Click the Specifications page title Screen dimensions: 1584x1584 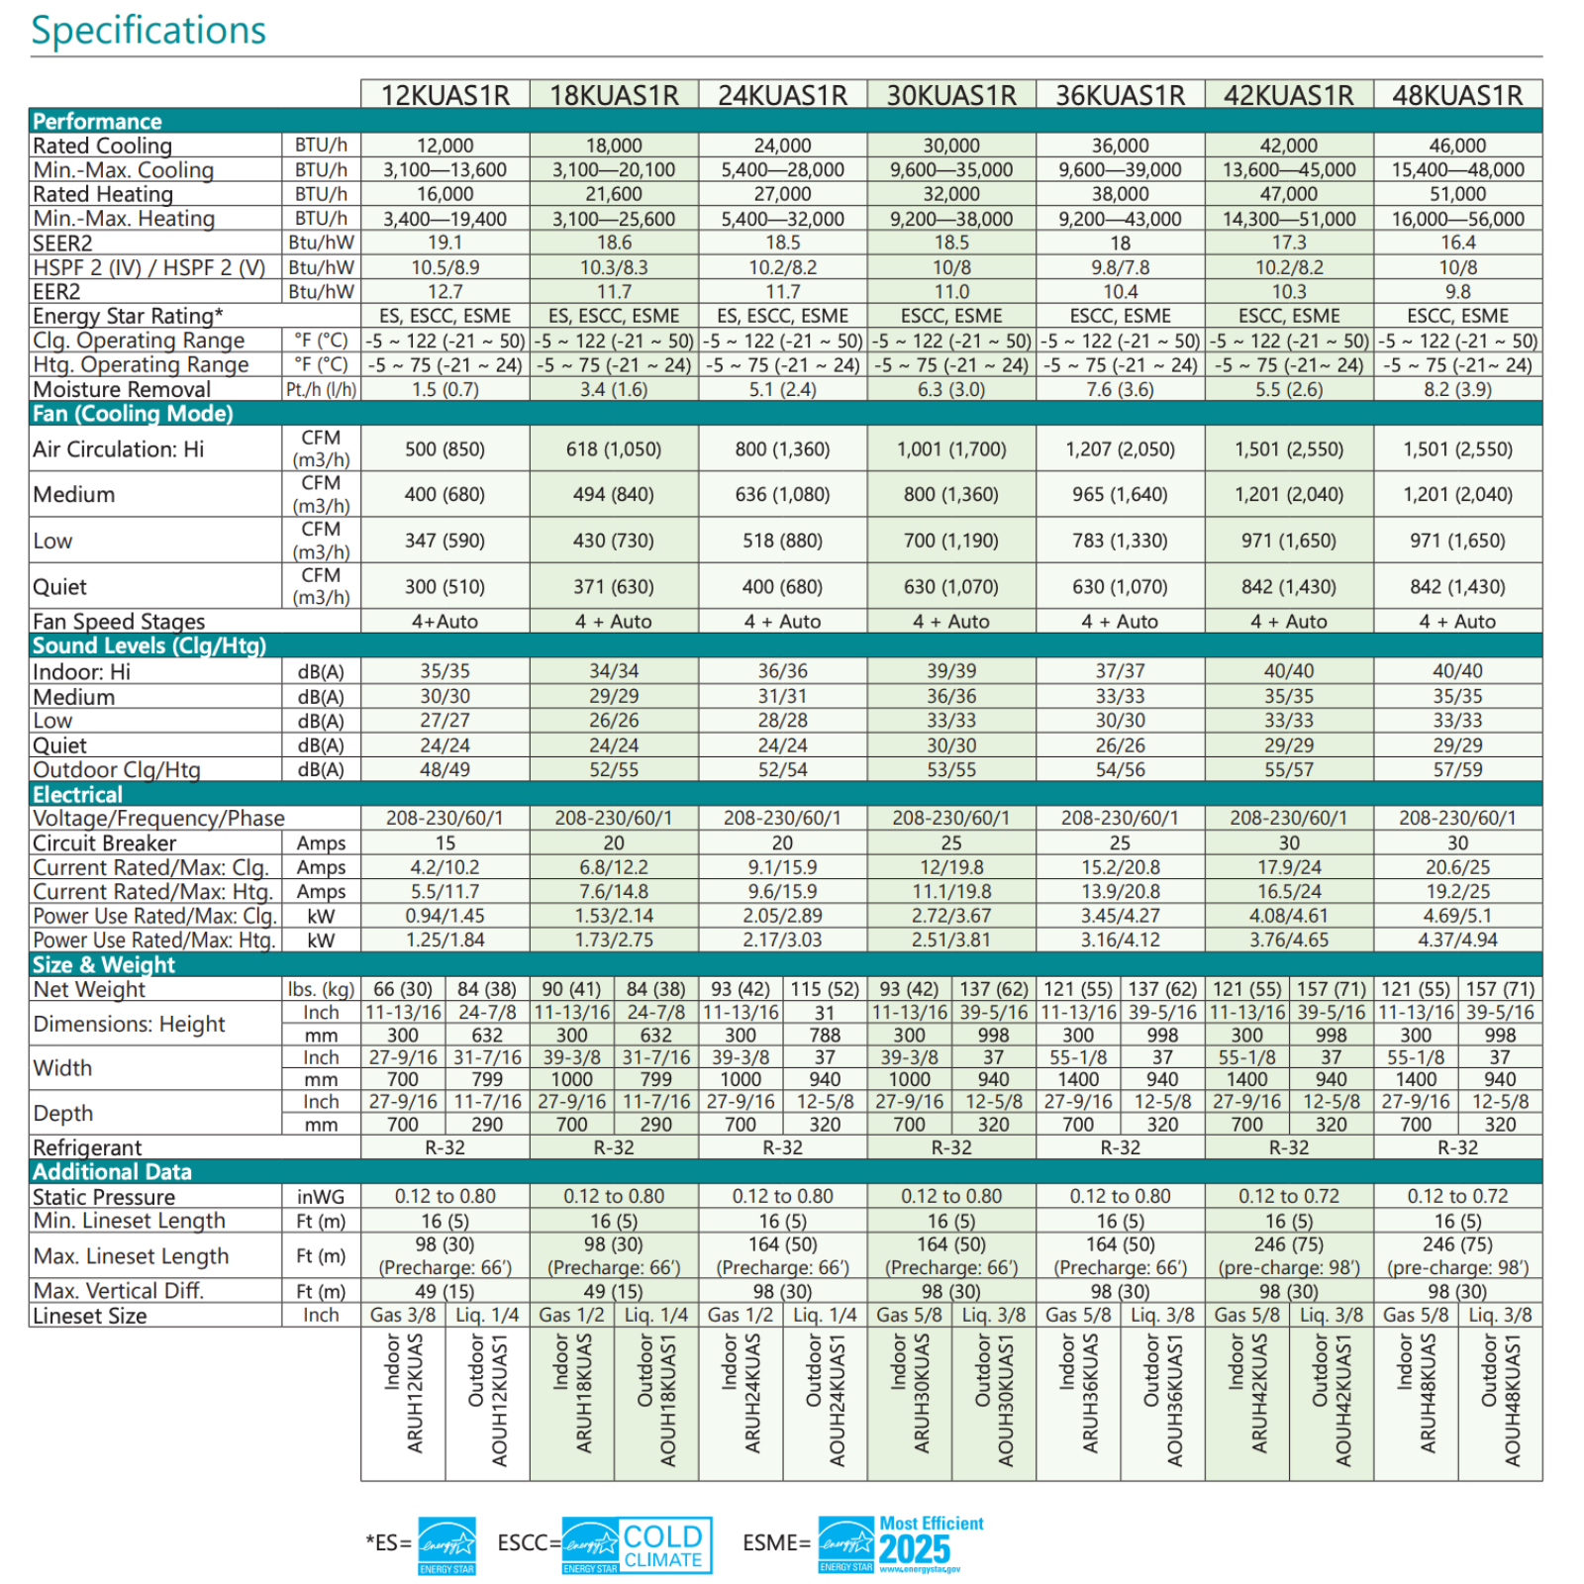point(148,31)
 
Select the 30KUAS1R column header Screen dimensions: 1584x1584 point(951,95)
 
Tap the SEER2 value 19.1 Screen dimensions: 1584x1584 point(445,243)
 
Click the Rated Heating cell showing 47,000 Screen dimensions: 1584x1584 point(1289,194)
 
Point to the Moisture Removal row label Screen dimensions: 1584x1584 point(122,389)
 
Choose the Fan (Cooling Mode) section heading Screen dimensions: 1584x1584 point(133,414)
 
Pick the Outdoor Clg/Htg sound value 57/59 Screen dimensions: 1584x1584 point(1457,769)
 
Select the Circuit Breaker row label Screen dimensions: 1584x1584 point(104,842)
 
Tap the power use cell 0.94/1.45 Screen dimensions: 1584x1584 point(445,916)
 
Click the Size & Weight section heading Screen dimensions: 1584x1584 point(104,965)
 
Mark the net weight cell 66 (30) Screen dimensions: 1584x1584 point(403,989)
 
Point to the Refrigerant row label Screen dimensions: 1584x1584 point(87,1147)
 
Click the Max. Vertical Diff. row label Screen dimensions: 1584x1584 point(118,1291)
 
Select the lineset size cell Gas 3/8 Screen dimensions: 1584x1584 point(403,1315)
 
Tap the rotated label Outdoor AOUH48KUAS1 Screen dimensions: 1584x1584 point(1500,1400)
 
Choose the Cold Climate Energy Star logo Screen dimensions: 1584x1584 point(637,1544)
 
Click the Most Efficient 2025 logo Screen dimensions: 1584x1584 point(902,1544)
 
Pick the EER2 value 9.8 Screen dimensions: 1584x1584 point(1457,292)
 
